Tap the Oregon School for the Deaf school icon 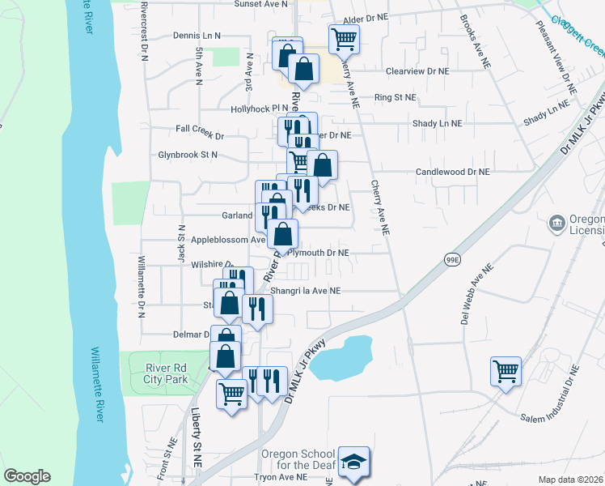[x=353, y=463]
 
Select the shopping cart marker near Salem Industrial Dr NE [x=506, y=372]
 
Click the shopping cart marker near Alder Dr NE [x=344, y=37]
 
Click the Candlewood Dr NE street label [x=453, y=172]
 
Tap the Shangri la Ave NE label [x=306, y=290]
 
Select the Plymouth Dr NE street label [x=319, y=253]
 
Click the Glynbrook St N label [x=188, y=154]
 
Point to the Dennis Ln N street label [x=197, y=36]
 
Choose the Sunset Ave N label [x=261, y=4]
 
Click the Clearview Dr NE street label [x=417, y=70]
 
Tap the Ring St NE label [x=395, y=97]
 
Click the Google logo [x=27, y=476]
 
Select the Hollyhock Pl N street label [x=260, y=108]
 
